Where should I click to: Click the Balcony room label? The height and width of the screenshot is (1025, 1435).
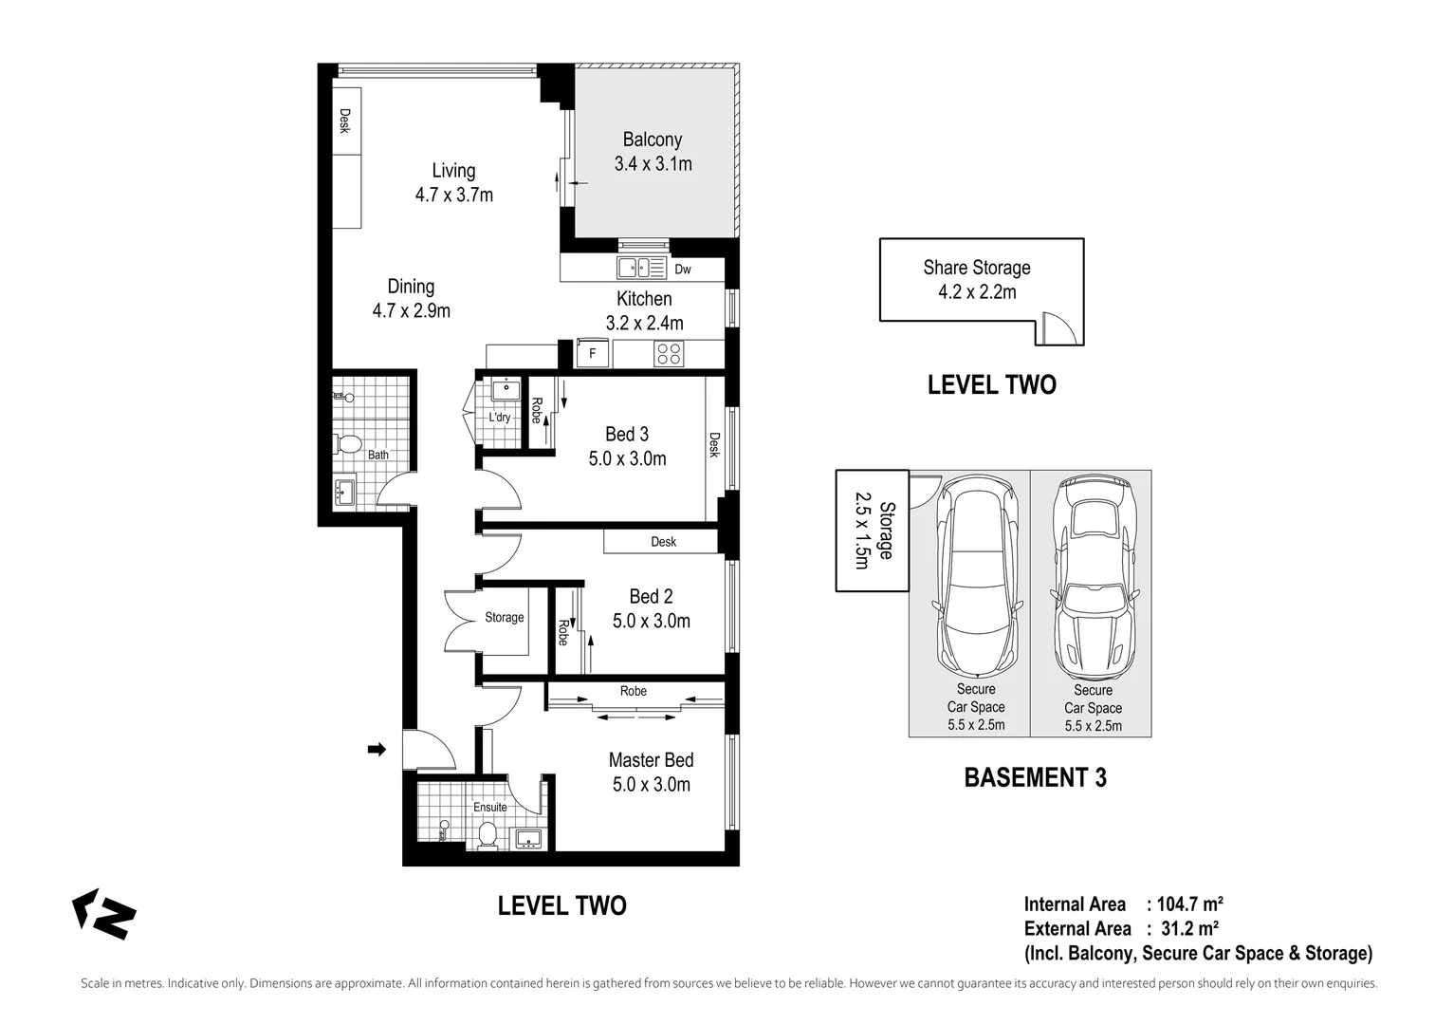point(652,140)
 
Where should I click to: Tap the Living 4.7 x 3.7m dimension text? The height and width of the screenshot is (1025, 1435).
point(453,195)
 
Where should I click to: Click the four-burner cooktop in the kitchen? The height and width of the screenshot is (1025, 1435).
point(669,354)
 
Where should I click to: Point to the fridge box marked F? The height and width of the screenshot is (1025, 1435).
point(593,354)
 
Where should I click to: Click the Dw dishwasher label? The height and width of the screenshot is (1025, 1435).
point(683,270)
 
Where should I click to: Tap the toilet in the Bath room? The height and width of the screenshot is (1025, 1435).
point(348,444)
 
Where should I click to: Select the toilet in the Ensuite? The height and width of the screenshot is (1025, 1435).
point(488,835)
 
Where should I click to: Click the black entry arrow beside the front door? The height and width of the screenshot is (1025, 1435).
point(377,750)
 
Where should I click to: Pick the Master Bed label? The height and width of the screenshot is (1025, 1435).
point(651,760)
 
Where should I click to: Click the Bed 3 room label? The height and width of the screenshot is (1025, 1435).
point(627,435)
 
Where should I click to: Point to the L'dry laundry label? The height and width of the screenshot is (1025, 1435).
point(500,418)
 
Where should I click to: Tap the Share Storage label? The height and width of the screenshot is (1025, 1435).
point(976,268)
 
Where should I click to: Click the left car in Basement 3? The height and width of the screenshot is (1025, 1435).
point(976,574)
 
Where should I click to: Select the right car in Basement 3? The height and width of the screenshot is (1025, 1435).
point(1093,574)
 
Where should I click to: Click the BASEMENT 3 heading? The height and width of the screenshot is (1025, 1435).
point(1035,777)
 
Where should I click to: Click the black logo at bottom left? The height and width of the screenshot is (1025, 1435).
point(104,914)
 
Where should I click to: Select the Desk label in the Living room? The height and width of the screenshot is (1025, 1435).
point(345,121)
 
